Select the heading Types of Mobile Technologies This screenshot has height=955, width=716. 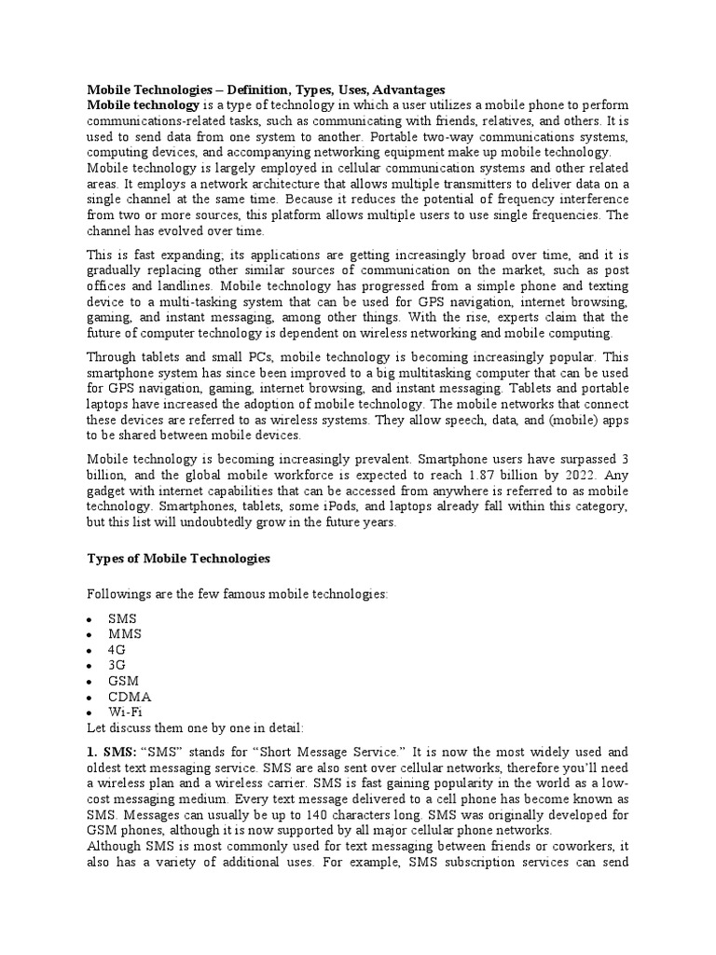(x=178, y=559)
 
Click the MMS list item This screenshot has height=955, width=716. (x=125, y=634)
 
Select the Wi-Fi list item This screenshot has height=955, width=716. (x=124, y=712)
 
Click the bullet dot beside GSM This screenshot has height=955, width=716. (x=89, y=682)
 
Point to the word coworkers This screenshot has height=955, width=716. (x=576, y=847)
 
